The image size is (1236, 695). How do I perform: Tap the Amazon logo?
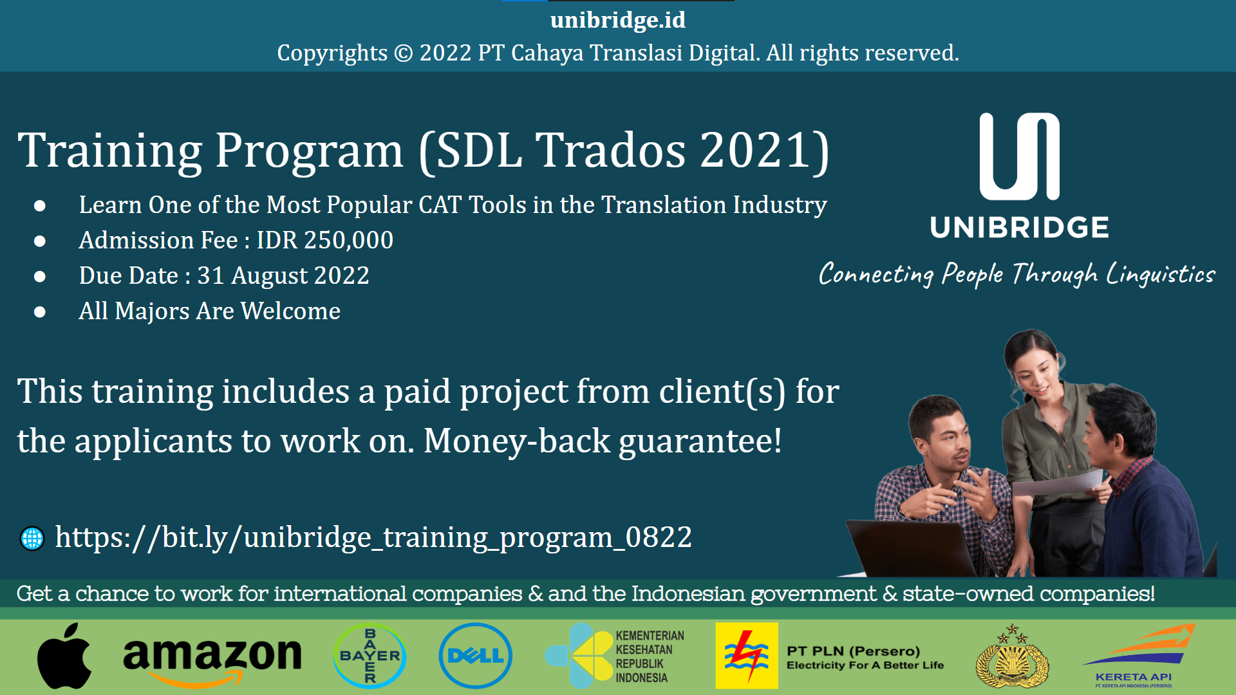point(212,658)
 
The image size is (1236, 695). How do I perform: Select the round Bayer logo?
point(370,656)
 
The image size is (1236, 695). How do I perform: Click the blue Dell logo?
point(475,656)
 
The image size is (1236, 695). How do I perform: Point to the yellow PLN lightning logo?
point(747,656)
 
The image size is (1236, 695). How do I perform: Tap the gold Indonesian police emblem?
point(1012,658)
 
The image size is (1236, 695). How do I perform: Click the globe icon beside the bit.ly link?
point(32,539)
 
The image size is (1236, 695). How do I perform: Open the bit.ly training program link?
point(373,537)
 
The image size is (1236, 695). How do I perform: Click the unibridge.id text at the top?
point(618,20)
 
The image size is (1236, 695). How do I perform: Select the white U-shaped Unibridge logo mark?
point(1019,156)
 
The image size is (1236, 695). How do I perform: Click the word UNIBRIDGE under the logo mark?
point(1019,228)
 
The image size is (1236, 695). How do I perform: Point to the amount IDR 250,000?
point(325,240)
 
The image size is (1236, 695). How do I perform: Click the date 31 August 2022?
point(283,275)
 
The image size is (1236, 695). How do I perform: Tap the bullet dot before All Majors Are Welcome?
point(40,312)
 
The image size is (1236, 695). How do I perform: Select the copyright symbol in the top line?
point(403,53)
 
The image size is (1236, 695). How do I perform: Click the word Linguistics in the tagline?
point(1161,275)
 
